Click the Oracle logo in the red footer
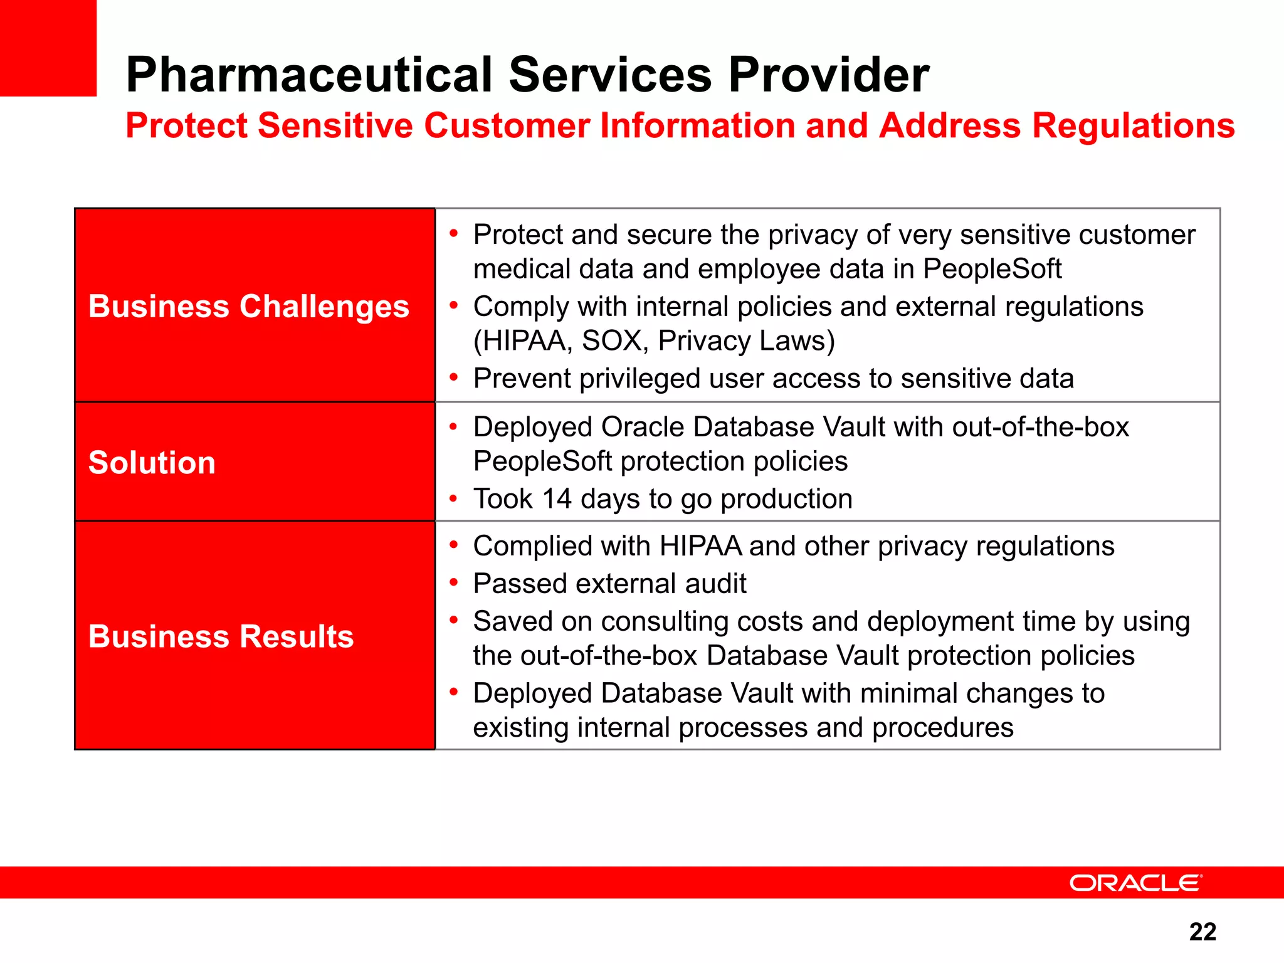pos(1135,883)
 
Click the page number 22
pos(1202,932)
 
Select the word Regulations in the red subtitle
pos(1133,125)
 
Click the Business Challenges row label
pos(249,307)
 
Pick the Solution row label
pos(152,463)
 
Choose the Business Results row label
pos(221,636)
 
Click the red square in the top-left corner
pos(48,48)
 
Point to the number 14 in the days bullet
pos(557,499)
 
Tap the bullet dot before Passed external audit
pos(453,582)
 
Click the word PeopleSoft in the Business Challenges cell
pos(992,269)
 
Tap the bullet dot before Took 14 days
pos(453,499)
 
